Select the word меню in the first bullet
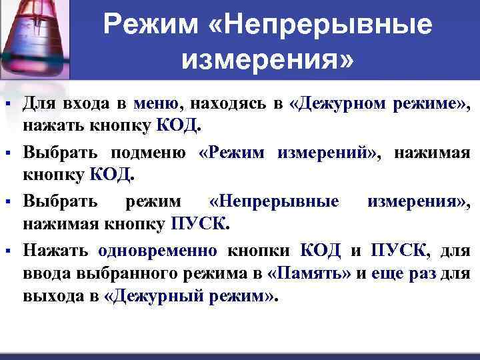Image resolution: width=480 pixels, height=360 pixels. coord(156,103)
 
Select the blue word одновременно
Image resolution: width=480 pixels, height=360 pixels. coord(157,251)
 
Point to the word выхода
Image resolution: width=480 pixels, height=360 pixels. coord(61,297)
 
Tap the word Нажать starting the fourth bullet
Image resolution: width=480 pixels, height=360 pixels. coord(56,251)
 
